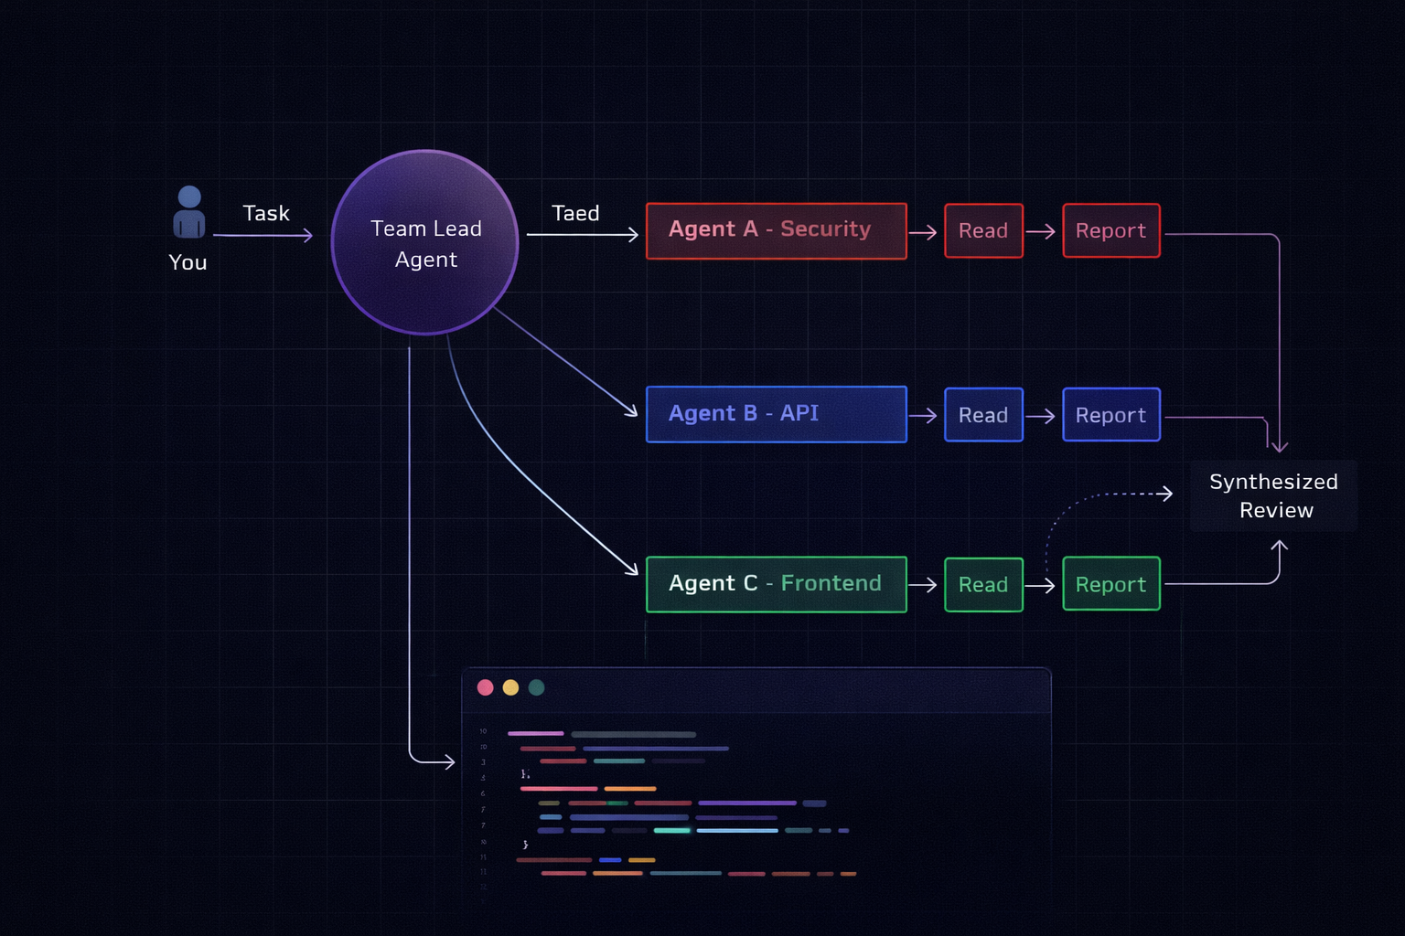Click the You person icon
tap(189, 212)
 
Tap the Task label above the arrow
tap(266, 214)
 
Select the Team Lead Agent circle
tap(425, 243)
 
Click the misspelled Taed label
tap(575, 214)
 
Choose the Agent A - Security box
tap(776, 231)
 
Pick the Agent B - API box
tap(776, 414)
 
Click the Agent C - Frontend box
tap(776, 584)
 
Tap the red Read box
tap(983, 231)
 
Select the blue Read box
tap(983, 415)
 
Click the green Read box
tap(983, 585)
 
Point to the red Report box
tap(1111, 231)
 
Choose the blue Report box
tap(1111, 415)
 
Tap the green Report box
tap(1111, 585)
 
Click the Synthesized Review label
tap(1274, 495)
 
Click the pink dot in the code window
tap(486, 687)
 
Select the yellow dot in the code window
tap(511, 687)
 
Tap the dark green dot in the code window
tap(537, 687)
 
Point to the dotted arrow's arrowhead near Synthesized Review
tap(1167, 494)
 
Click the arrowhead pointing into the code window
tap(448, 761)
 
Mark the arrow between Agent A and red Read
tap(923, 233)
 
